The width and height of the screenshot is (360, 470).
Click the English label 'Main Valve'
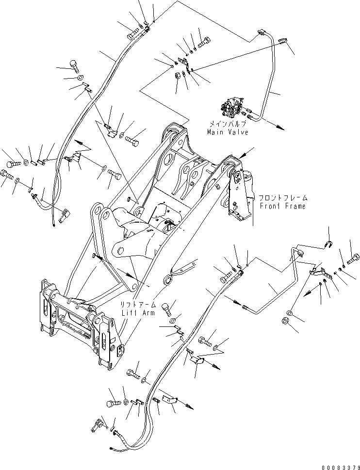228,132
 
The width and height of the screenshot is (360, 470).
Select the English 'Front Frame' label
282,206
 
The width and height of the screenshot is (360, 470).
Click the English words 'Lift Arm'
139,313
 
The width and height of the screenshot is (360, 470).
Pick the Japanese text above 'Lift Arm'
139,306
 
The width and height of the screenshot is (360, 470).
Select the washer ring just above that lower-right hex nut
290,311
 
